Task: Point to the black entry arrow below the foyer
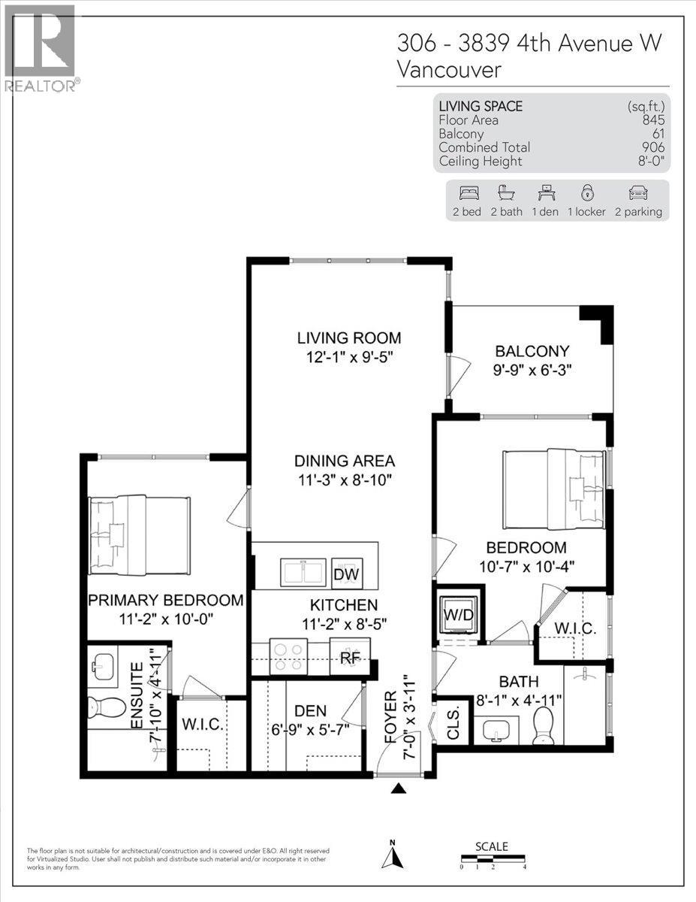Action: (x=399, y=787)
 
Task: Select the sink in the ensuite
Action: (x=104, y=665)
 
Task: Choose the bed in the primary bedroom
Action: (x=138, y=534)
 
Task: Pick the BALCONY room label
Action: (x=532, y=351)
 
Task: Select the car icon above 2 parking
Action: (x=637, y=192)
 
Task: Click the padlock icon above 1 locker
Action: (x=586, y=192)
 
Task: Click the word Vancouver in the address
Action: (x=448, y=70)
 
